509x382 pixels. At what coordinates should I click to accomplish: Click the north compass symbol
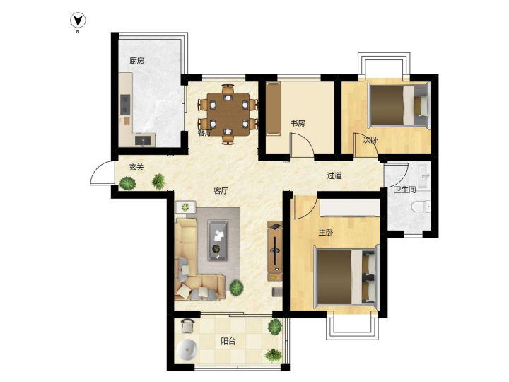coord(78,21)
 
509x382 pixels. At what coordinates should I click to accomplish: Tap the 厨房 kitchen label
coord(136,61)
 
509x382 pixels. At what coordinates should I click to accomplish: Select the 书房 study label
coord(298,123)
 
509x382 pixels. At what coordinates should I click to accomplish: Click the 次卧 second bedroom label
coord(370,140)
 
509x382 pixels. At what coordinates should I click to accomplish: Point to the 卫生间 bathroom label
coord(405,190)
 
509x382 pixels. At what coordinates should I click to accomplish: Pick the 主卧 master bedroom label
coord(326,233)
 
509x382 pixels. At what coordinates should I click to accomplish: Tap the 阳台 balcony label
coord(228,341)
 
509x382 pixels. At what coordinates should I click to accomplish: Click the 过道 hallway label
coord(334,175)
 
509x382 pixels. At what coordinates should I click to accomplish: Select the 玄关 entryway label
coord(136,167)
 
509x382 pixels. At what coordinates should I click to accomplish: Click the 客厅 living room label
coord(221,191)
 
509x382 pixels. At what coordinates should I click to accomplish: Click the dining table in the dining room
coord(228,114)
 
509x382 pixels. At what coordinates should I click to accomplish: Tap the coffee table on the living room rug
coord(218,240)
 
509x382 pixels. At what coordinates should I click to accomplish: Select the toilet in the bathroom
coord(421,207)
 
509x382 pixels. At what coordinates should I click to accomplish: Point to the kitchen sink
coord(144,140)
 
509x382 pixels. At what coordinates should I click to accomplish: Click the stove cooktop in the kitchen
coord(125,104)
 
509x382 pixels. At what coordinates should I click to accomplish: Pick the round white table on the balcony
coord(187,349)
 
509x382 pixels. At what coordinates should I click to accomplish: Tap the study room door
coord(303,146)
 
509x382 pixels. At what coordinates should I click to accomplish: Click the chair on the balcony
coord(188,325)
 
